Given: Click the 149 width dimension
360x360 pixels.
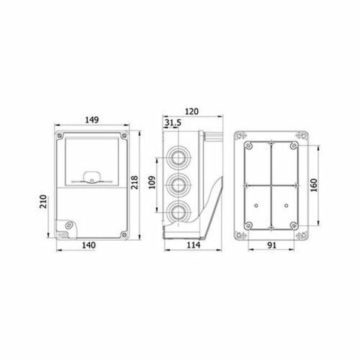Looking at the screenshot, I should [x=93, y=119].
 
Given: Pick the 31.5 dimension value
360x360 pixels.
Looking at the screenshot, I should [x=172, y=124].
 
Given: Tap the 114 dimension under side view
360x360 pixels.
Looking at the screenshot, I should [x=193, y=245].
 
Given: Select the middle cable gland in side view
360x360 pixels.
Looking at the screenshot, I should [x=180, y=184].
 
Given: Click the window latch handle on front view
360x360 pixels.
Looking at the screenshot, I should [x=91, y=178].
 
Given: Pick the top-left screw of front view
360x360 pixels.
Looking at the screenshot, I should [x=59, y=134].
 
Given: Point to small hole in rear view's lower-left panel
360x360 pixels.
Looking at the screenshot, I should [x=256, y=205].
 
